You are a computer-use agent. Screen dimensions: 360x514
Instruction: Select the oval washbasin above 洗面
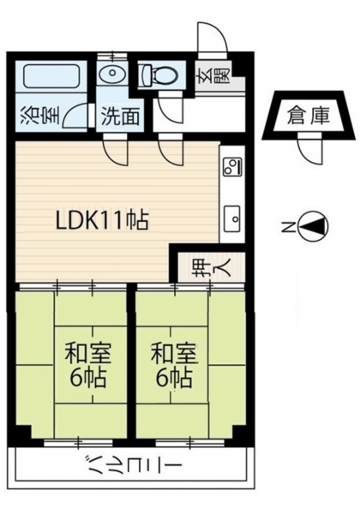click(112, 73)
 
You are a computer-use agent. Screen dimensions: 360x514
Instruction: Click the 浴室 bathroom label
click(40, 116)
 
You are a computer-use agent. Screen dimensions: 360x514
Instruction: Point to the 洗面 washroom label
click(120, 116)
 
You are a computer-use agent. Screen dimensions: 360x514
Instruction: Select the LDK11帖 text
click(102, 220)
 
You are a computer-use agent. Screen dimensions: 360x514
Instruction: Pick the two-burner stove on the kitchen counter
click(233, 166)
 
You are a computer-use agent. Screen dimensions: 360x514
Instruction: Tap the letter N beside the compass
click(288, 226)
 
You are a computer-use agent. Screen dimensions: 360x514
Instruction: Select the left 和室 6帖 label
click(88, 365)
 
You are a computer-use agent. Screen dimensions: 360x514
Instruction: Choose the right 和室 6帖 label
click(174, 365)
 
